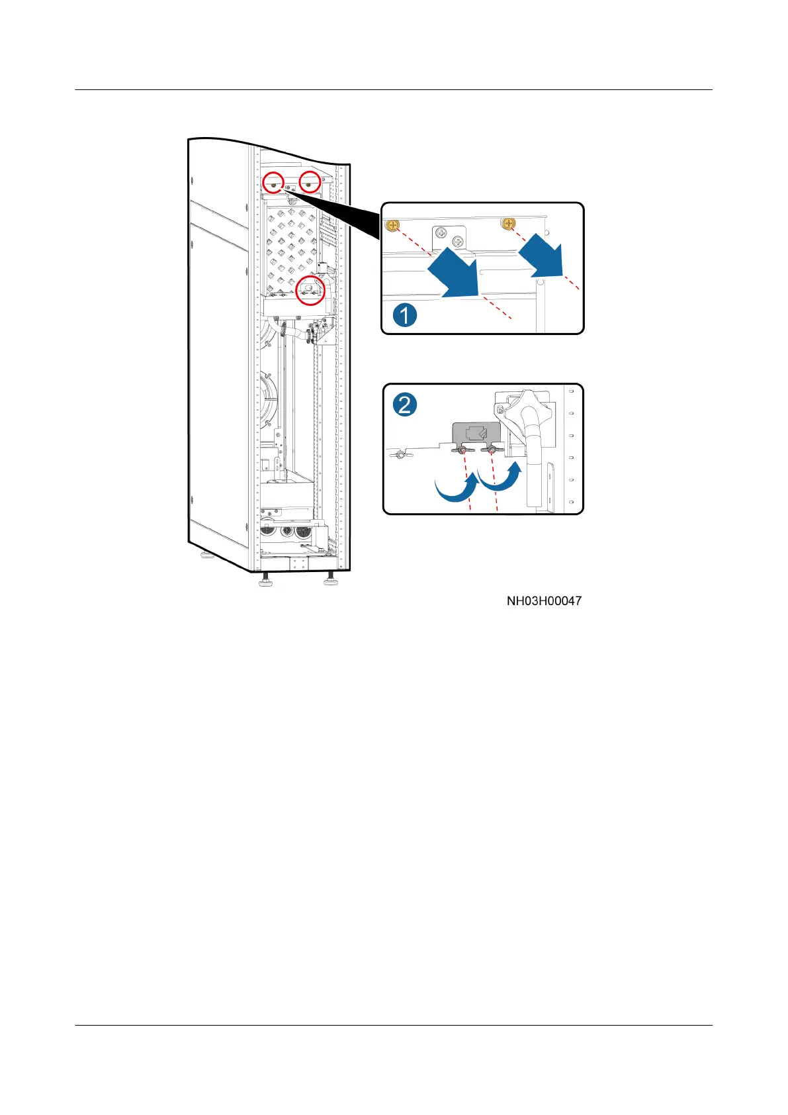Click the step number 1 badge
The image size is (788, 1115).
click(x=405, y=315)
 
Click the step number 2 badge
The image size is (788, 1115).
click(x=405, y=404)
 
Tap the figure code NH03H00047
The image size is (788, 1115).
click(x=544, y=601)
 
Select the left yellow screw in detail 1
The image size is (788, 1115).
click(x=393, y=226)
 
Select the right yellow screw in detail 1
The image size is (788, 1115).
click(x=509, y=224)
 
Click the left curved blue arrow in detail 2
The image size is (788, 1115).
click(x=457, y=488)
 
